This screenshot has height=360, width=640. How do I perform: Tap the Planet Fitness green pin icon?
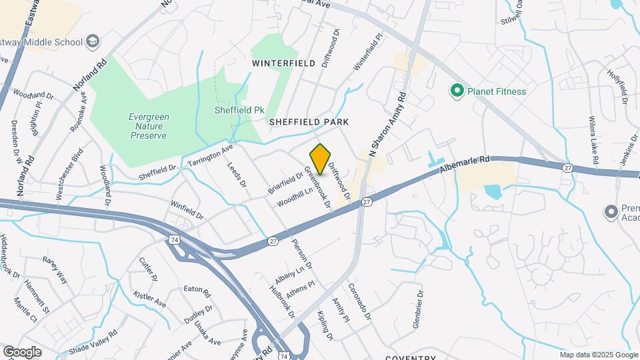(457, 91)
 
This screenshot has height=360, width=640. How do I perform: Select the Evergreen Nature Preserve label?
(149, 125)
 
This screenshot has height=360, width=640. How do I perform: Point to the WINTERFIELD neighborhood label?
(283, 63)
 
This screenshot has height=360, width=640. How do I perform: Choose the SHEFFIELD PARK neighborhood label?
(309, 123)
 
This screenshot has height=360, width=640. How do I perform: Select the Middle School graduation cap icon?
(94, 42)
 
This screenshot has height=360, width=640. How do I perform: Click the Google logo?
(22, 351)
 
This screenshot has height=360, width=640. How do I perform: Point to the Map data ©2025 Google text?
(599, 354)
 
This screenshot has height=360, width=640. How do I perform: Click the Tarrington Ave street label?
(211, 155)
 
